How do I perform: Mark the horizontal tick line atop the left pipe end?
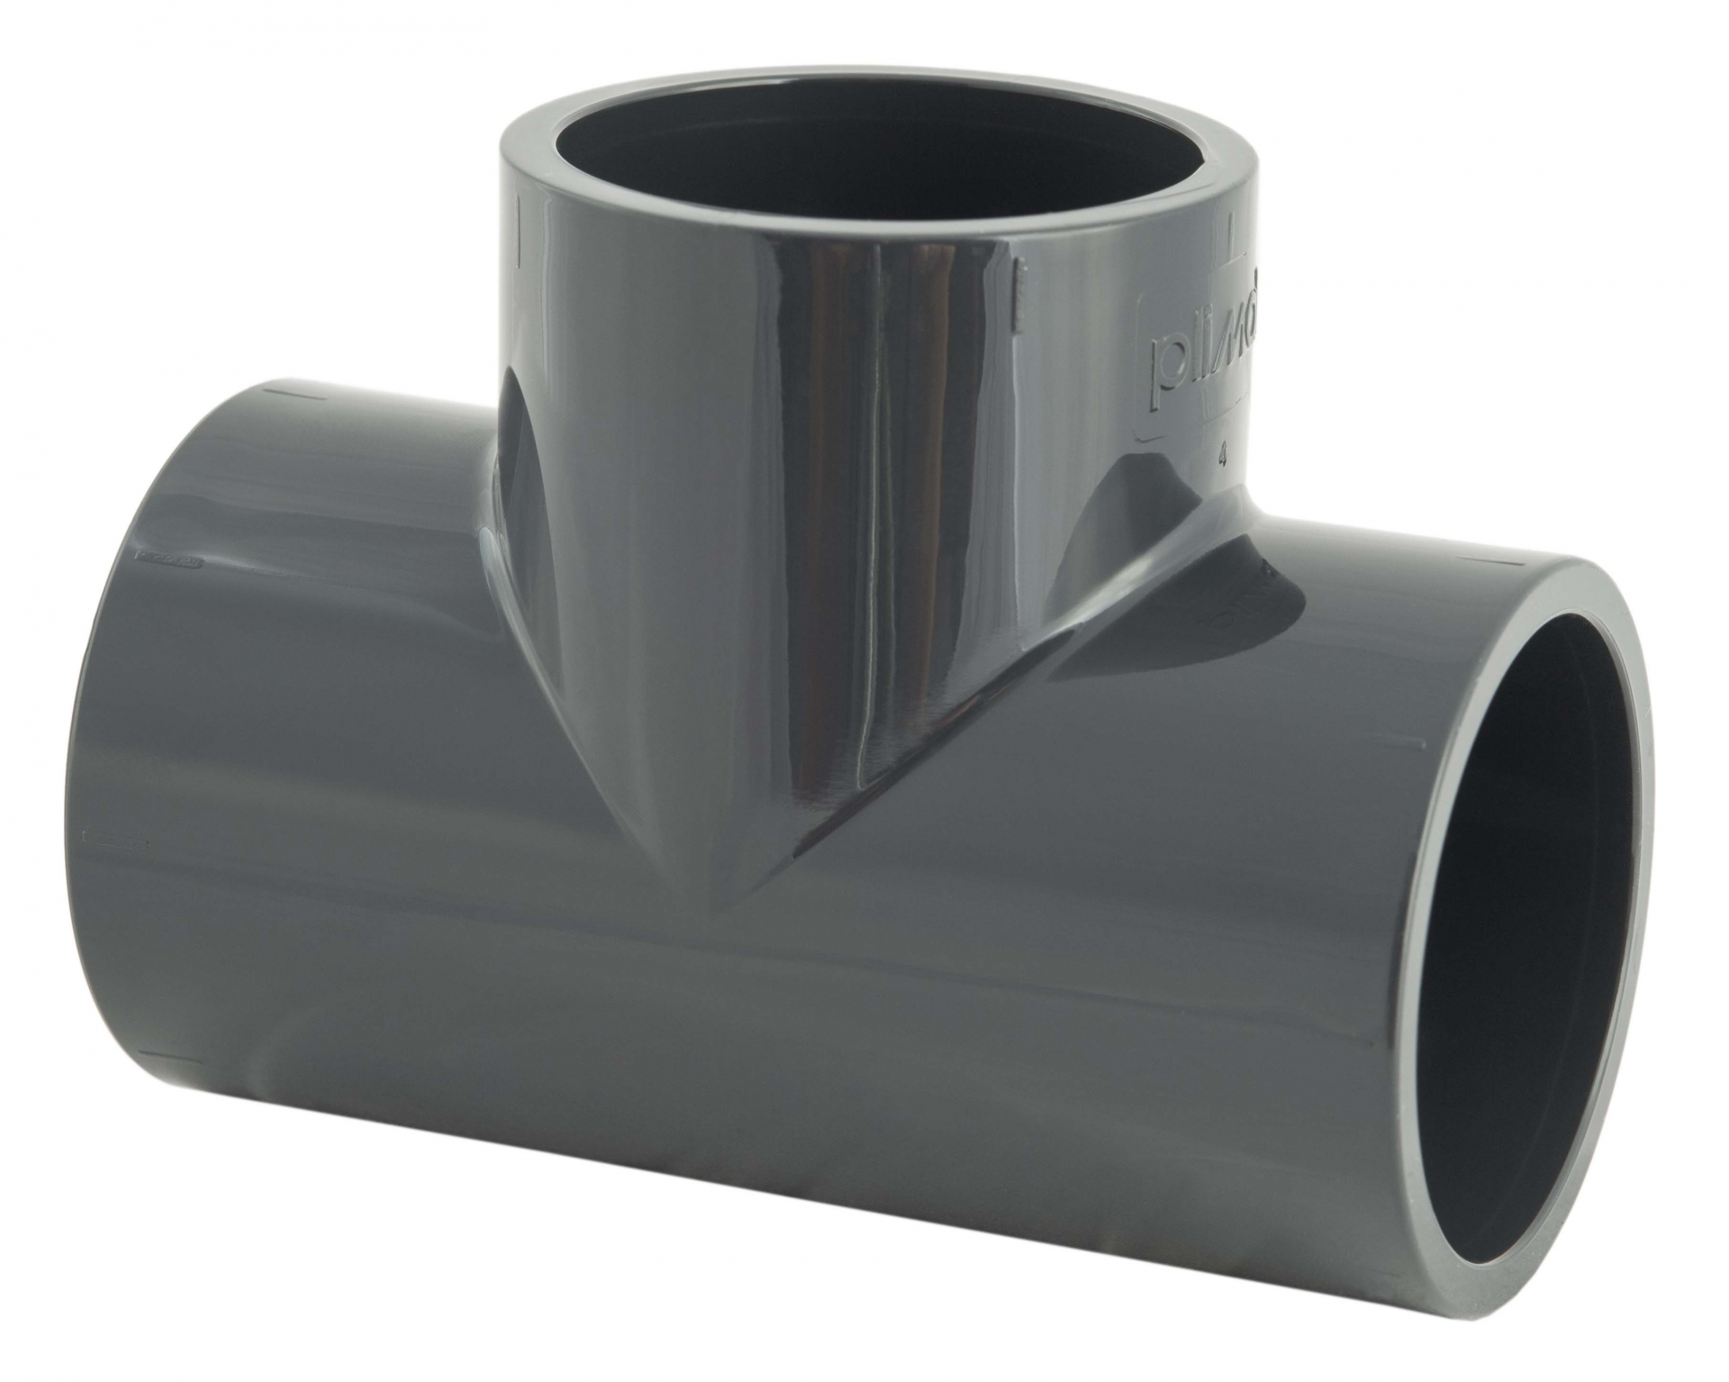(x=279, y=394)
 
